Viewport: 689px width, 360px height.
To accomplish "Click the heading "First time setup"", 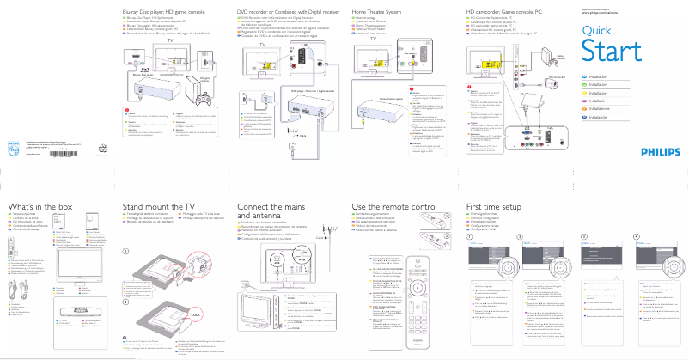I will click(x=495, y=208).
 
